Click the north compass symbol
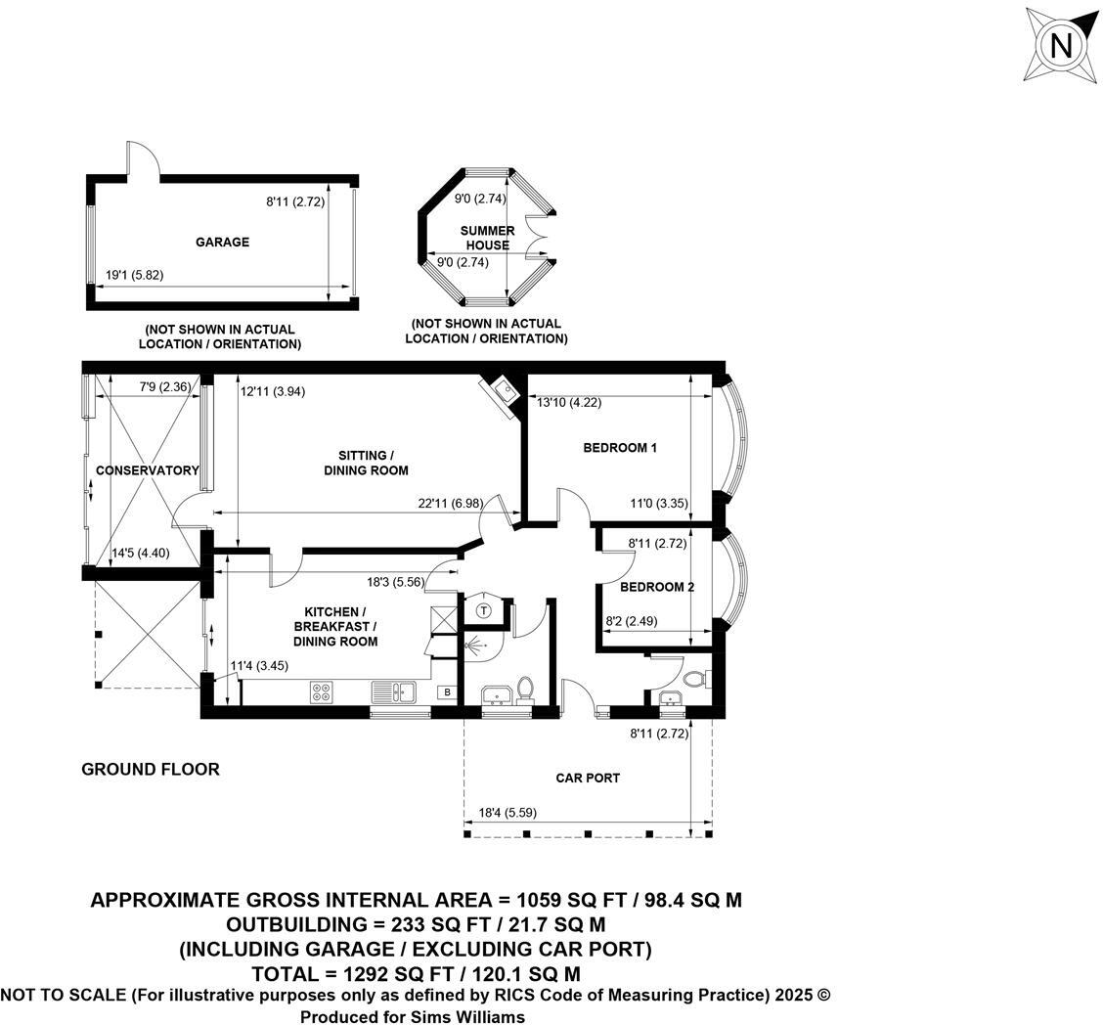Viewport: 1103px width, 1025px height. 1061,45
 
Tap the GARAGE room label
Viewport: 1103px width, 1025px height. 222,243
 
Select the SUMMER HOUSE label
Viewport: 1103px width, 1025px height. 487,238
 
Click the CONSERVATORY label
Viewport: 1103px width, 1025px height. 147,470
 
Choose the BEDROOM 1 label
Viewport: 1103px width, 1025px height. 619,448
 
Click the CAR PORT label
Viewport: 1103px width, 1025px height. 588,779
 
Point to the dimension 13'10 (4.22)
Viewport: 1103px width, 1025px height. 566,400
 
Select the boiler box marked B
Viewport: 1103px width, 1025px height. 447,692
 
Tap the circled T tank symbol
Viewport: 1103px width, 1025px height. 483,610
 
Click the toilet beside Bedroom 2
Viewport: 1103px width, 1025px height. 697,678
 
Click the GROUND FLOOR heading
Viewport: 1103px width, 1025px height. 150,770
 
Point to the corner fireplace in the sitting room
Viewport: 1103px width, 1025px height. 502,393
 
